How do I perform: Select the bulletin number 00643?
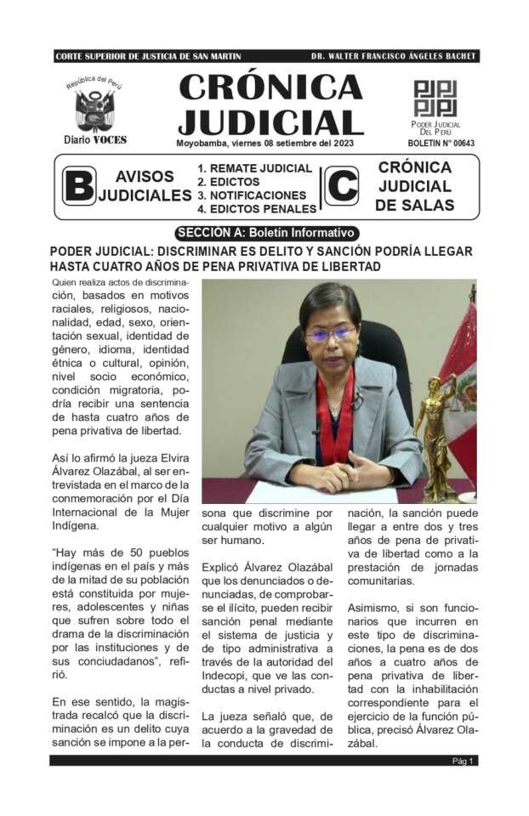pos(441,143)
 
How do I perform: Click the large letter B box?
pos(79,186)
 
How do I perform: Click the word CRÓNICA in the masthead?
pos(270,88)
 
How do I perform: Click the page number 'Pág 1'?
pos(464,761)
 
